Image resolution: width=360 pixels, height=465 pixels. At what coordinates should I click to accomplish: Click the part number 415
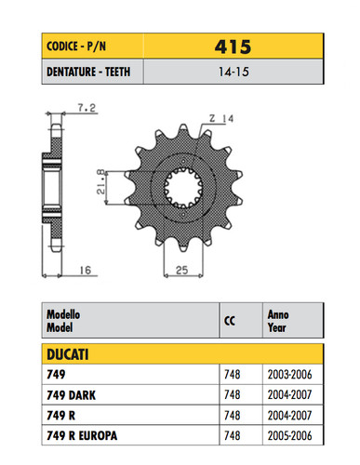233,46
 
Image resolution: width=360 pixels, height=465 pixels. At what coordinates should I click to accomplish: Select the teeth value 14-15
233,72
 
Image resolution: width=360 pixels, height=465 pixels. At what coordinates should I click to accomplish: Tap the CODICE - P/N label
76,46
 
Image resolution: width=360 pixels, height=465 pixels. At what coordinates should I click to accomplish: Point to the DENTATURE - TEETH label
88,72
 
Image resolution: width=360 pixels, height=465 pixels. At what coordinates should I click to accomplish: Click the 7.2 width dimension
87,108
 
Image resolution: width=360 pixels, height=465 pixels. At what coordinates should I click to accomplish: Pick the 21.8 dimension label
101,181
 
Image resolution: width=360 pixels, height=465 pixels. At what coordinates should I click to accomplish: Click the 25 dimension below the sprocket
182,271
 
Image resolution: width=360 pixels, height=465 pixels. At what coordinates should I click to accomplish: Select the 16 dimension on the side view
86,271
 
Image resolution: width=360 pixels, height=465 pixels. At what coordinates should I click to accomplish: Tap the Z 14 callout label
221,118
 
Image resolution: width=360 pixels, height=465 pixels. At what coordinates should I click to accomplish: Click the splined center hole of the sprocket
183,188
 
